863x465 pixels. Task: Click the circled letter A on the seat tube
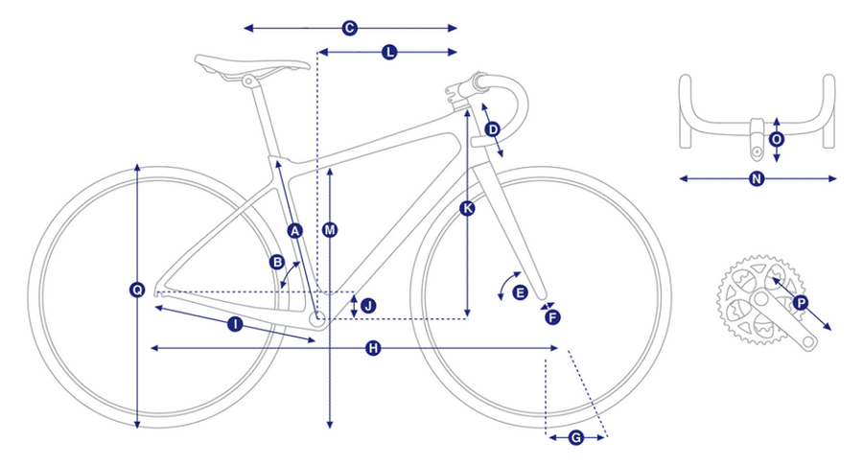point(295,230)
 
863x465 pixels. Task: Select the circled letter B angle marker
point(277,262)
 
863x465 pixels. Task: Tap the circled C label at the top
point(349,28)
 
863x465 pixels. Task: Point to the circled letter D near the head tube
point(493,129)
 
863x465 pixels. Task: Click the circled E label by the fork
point(520,292)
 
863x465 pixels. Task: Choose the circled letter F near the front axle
point(552,317)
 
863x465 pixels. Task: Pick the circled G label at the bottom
point(575,438)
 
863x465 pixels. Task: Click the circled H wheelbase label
point(373,348)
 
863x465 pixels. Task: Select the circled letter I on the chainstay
point(235,324)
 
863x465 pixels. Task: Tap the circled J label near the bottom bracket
point(369,306)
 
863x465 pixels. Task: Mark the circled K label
point(467,208)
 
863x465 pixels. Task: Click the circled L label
point(389,53)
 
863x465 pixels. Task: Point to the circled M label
point(330,230)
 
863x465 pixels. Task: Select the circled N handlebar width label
point(757,178)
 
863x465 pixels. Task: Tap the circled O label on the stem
point(777,139)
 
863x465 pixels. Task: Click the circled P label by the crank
point(801,303)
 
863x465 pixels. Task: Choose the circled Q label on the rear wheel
point(137,290)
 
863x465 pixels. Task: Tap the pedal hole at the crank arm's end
point(808,341)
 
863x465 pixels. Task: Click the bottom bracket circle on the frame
point(318,318)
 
